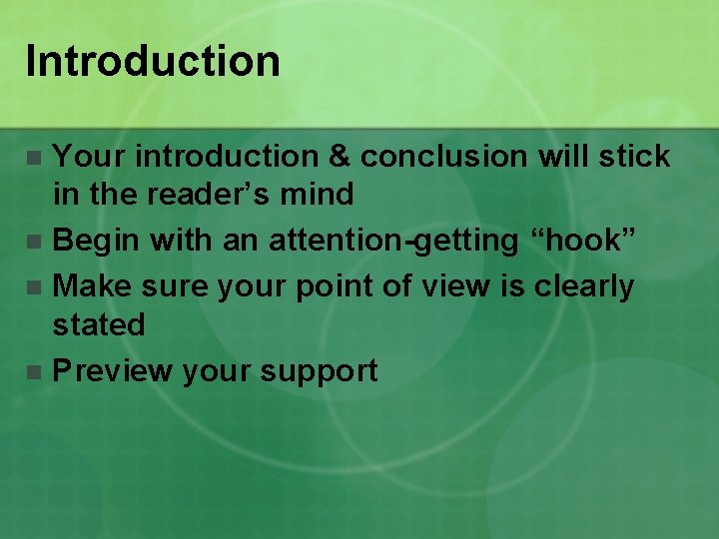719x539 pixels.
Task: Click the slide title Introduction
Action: click(153, 61)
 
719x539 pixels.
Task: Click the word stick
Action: click(631, 157)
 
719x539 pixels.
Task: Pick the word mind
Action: click(319, 194)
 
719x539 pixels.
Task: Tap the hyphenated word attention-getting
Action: click(393, 241)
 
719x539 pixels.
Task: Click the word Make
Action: click(93, 287)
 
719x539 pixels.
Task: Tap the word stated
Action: click(99, 324)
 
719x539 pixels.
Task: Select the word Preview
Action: click(112, 371)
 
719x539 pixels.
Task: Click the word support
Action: click(319, 371)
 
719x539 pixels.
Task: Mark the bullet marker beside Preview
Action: click(35, 372)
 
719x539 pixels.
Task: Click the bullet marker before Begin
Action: click(35, 242)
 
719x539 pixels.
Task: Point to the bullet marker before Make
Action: click(35, 288)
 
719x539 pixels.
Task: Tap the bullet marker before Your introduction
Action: click(35, 158)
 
